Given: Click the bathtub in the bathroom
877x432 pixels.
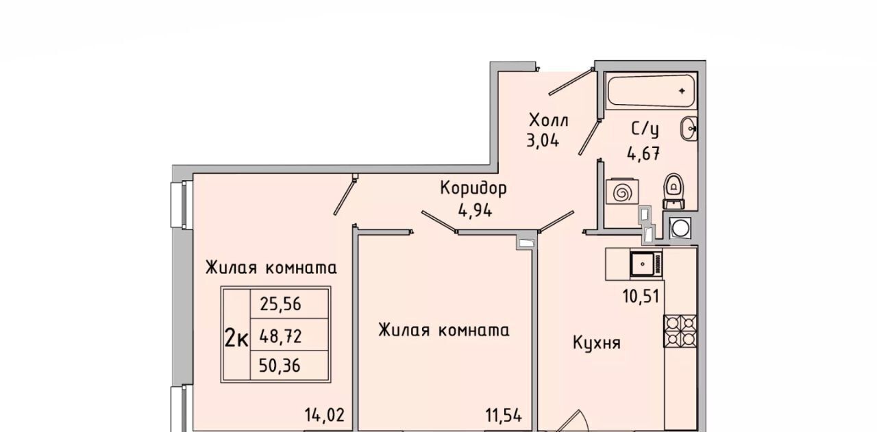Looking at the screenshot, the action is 651,91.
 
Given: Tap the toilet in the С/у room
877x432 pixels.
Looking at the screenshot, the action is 674,191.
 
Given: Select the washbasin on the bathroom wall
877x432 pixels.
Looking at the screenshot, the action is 689,128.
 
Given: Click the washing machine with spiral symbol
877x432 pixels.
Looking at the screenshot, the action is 622,192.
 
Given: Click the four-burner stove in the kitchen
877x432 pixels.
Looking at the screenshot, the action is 680,331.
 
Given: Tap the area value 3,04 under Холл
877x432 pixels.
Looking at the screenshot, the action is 543,140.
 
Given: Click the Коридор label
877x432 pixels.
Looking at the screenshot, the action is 473,188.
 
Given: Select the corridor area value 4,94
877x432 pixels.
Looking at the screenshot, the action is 475,211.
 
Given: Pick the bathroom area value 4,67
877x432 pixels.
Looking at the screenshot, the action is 643,153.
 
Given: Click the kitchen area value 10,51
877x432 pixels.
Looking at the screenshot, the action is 641,296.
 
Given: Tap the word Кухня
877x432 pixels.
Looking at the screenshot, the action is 597,343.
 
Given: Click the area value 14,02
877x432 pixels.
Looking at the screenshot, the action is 325,415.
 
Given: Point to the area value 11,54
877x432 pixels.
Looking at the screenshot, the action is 504,415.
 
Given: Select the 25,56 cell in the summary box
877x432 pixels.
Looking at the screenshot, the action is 289,304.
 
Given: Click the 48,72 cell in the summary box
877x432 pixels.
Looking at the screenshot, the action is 289,335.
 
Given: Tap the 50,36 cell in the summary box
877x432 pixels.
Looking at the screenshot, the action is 289,366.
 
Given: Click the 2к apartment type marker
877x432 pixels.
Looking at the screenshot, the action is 236,338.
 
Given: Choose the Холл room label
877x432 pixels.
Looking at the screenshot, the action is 549,120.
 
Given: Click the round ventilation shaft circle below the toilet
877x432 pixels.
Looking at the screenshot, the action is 680,228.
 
